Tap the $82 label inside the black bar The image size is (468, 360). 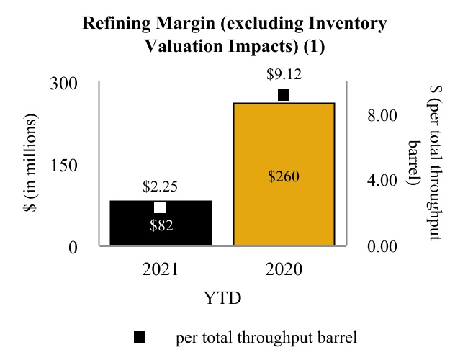point(161,224)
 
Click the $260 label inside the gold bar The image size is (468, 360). point(283,176)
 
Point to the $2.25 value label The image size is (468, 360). point(161,187)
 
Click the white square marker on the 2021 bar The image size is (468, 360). point(161,207)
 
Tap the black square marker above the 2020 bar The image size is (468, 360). point(284,95)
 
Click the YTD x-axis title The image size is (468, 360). point(222,297)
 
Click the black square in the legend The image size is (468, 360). point(140,336)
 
